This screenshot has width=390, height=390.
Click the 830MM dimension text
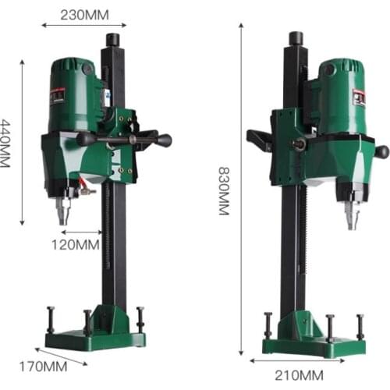(x=223, y=190)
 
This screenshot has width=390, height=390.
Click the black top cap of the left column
(x=113, y=39)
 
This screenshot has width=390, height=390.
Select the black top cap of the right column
(x=296, y=38)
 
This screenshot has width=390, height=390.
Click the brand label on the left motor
(x=57, y=95)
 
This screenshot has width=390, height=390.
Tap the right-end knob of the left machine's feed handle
(x=165, y=140)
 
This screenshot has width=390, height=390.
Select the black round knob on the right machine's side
(x=381, y=151)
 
